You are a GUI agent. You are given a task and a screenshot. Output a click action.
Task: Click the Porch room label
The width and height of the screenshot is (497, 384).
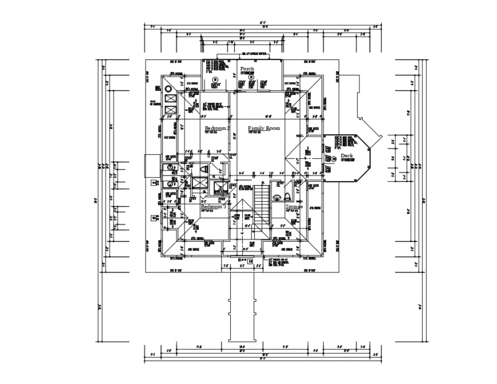247,69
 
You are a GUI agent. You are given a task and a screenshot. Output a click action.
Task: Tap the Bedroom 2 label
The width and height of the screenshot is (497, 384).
217,129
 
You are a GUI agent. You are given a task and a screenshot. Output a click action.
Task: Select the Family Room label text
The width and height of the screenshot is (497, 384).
264,129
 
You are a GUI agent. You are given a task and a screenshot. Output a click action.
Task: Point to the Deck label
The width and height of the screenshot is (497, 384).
347,155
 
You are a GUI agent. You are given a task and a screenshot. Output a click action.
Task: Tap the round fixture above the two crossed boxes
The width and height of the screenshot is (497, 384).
169,89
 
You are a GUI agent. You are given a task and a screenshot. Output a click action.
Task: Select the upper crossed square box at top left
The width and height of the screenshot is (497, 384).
170,99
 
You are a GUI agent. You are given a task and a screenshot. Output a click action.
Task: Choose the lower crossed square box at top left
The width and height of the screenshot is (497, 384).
170,110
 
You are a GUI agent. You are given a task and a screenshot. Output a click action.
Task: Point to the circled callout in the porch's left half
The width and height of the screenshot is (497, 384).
215,79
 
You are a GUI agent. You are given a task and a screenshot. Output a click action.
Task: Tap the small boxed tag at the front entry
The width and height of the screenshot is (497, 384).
250,261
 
